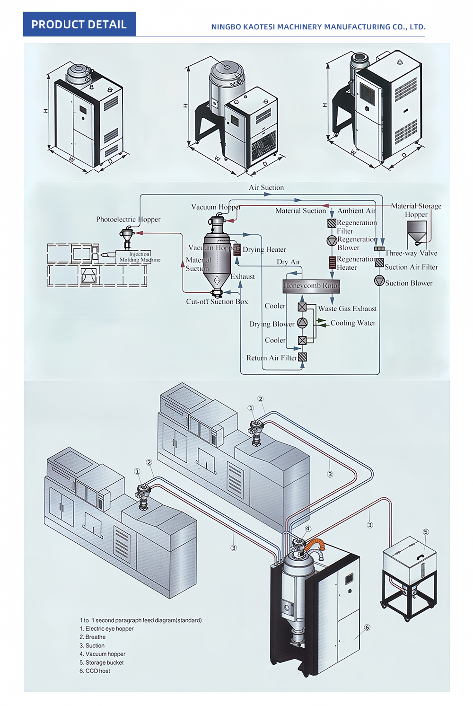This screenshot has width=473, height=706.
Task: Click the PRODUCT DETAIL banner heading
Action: (x=79, y=25)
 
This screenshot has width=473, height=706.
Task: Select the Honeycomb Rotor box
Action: (x=311, y=286)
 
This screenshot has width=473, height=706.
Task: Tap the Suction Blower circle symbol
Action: (x=379, y=281)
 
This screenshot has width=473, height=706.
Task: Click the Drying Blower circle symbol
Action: (x=302, y=323)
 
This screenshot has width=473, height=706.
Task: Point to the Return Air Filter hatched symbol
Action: (x=302, y=357)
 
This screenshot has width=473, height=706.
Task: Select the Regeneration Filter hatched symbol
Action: (x=332, y=223)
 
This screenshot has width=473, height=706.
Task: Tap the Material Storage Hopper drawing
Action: (x=417, y=232)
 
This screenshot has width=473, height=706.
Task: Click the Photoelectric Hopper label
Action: (x=128, y=220)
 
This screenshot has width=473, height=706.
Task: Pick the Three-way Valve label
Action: (x=411, y=253)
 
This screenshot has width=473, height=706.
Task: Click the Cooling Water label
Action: (x=353, y=323)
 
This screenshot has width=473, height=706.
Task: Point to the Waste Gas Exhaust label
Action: (x=347, y=309)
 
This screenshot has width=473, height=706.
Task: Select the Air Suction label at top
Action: (x=266, y=188)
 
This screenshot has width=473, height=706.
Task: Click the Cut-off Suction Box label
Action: (x=217, y=302)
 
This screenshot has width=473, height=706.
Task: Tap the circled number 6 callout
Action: (x=367, y=627)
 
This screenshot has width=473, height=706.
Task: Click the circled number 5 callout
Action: (x=426, y=532)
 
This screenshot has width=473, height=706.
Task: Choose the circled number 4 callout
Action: (x=308, y=529)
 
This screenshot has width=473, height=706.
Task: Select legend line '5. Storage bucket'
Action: (x=102, y=662)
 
